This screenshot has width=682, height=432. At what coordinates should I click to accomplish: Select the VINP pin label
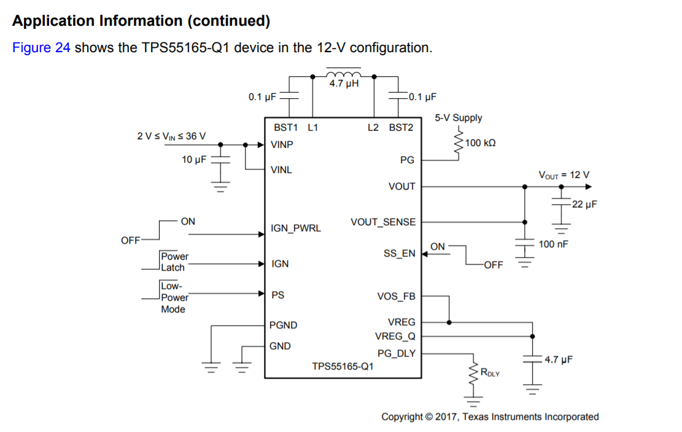point(282,145)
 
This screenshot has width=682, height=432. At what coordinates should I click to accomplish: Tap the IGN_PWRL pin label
point(295,229)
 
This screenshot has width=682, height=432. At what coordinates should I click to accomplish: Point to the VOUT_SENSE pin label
point(382,222)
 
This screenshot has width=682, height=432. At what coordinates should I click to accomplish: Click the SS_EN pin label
point(399,253)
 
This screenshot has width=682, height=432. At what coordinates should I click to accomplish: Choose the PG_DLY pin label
point(396,353)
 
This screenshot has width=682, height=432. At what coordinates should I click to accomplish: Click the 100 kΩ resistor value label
point(481,143)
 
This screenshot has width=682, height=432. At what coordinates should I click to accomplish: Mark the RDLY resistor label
point(489,372)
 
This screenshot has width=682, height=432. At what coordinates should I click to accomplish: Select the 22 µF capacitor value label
point(584,204)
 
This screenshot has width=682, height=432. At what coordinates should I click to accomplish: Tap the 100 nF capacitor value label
point(553,244)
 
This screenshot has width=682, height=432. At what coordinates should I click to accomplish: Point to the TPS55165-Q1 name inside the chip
point(343,366)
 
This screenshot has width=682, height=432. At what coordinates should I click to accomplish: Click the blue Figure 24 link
point(41,48)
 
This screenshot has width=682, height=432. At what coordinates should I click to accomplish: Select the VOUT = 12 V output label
point(564,175)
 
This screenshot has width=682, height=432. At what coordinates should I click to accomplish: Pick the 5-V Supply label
point(459,118)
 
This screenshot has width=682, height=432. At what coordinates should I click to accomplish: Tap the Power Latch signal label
point(174,262)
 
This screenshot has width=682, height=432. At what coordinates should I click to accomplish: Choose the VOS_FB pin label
point(396,296)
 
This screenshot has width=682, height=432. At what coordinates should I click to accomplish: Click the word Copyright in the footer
point(402,417)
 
